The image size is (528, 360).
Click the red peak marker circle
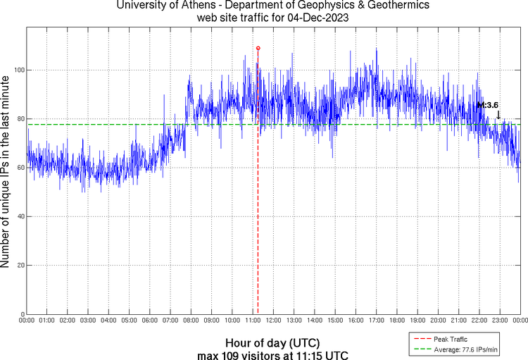(258, 48)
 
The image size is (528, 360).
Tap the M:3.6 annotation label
(487, 105)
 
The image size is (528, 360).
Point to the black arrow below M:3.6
(498, 115)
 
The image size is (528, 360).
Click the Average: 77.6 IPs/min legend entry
(465, 348)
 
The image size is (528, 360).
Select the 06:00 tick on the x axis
(150, 321)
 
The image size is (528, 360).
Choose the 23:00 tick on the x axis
(499, 321)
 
